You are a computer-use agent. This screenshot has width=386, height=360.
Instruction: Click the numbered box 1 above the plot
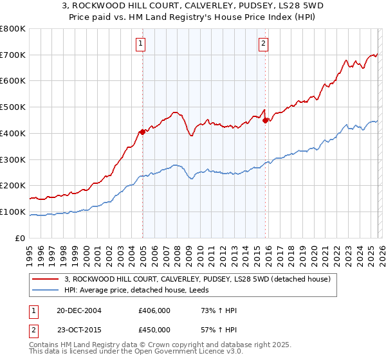[x=140, y=44]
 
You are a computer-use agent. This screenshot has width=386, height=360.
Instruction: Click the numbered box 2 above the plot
[x=264, y=44]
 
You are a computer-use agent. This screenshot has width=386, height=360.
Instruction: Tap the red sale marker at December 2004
[x=142, y=132]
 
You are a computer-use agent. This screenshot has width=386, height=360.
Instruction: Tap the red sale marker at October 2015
[x=265, y=120]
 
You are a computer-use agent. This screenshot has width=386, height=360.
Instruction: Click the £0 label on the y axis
[x=20, y=238]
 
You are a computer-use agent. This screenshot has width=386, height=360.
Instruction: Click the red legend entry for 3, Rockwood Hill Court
[x=198, y=279]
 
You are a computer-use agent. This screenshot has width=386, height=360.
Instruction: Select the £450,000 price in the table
[x=154, y=330]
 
